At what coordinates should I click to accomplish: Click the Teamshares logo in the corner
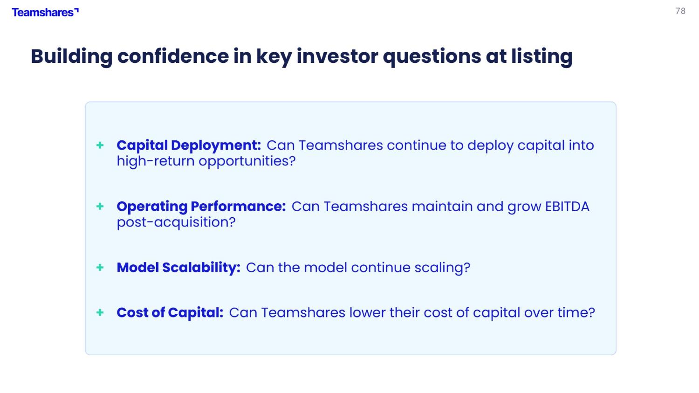(45, 13)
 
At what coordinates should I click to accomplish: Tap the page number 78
(680, 11)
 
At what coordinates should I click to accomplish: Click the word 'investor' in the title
(337, 56)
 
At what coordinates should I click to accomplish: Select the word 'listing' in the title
(541, 57)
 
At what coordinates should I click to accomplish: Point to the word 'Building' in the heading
(71, 57)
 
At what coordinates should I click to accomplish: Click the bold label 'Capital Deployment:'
(189, 145)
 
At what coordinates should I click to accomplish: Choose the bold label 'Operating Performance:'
(201, 207)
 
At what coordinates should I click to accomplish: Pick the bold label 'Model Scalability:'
(178, 268)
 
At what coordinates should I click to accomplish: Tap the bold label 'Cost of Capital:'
(170, 312)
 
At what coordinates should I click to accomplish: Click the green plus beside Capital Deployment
(100, 145)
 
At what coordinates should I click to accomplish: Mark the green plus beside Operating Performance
(100, 206)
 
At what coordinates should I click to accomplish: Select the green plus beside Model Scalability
(100, 267)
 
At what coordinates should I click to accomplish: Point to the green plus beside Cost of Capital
(100, 312)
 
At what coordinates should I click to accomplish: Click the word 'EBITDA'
(567, 207)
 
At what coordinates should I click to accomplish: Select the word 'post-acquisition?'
(176, 222)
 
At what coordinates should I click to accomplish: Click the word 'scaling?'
(442, 268)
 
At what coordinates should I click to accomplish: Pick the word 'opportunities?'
(247, 161)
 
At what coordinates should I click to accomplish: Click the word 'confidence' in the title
(173, 56)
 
